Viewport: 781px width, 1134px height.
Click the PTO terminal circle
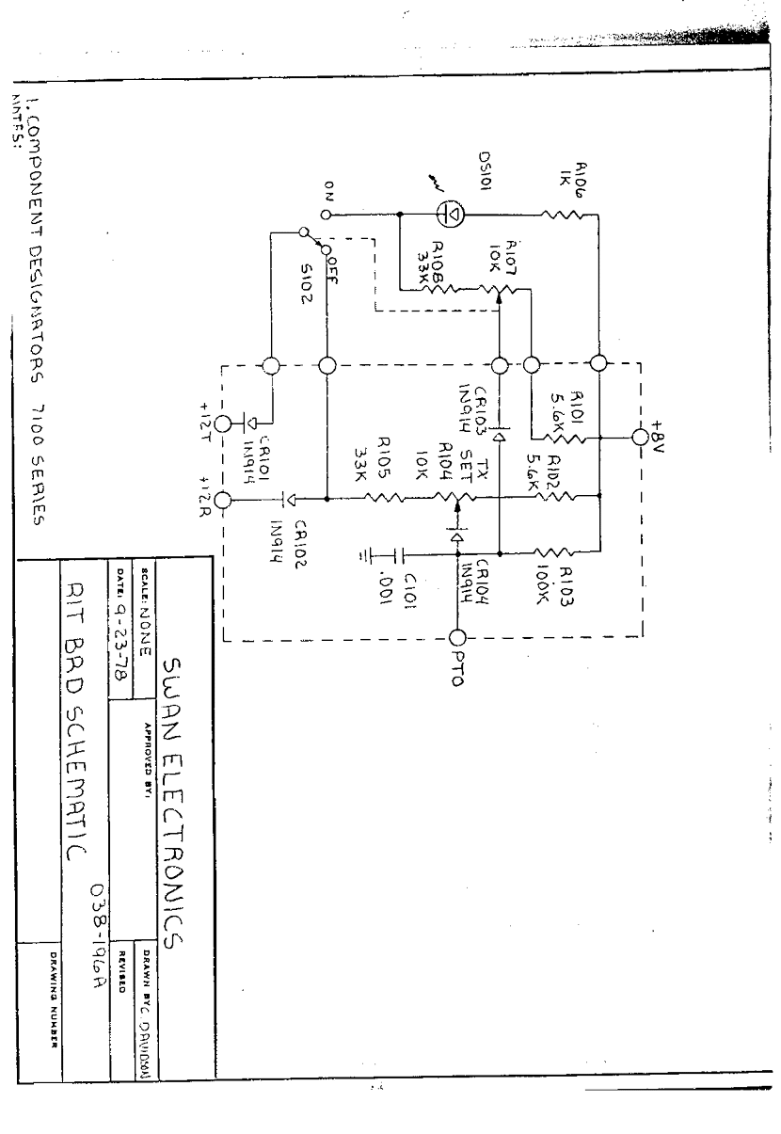pyautogui.click(x=459, y=638)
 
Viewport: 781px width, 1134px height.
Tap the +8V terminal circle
pyautogui.click(x=641, y=438)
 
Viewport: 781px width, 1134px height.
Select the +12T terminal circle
pyautogui.click(x=224, y=423)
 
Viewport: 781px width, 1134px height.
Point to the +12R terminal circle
pyautogui.click(x=224, y=500)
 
